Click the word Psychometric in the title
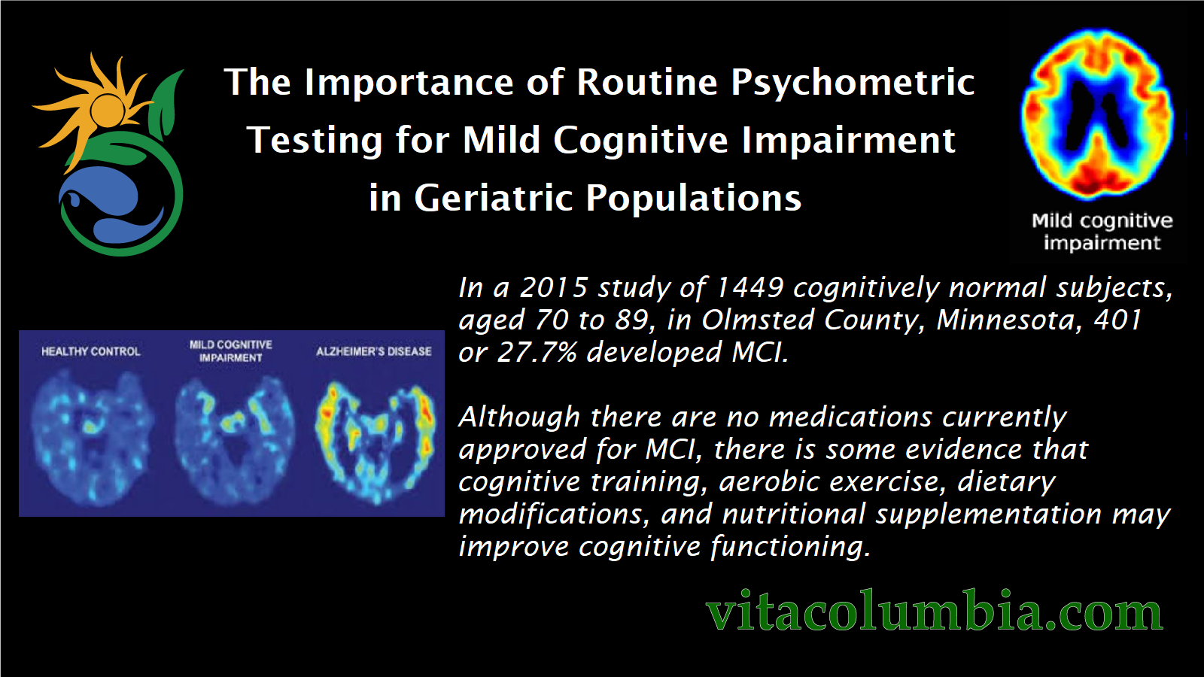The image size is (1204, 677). pyautogui.click(x=853, y=84)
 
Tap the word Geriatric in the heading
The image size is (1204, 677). pyautogui.click(x=494, y=198)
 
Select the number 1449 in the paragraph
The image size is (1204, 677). pyautogui.click(x=750, y=288)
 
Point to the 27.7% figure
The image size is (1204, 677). pyautogui.click(x=537, y=353)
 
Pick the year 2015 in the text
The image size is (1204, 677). pyautogui.click(x=554, y=288)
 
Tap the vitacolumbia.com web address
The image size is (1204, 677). pyautogui.click(x=935, y=611)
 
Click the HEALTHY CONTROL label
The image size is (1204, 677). pyautogui.click(x=91, y=351)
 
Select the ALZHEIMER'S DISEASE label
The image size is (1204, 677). pyautogui.click(x=373, y=351)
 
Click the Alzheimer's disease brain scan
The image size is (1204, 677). pyautogui.click(x=375, y=442)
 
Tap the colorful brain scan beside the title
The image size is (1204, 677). pyautogui.click(x=1098, y=114)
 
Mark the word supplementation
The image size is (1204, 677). pyautogui.click(x=989, y=515)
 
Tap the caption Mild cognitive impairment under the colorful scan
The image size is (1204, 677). pyautogui.click(x=1102, y=232)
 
